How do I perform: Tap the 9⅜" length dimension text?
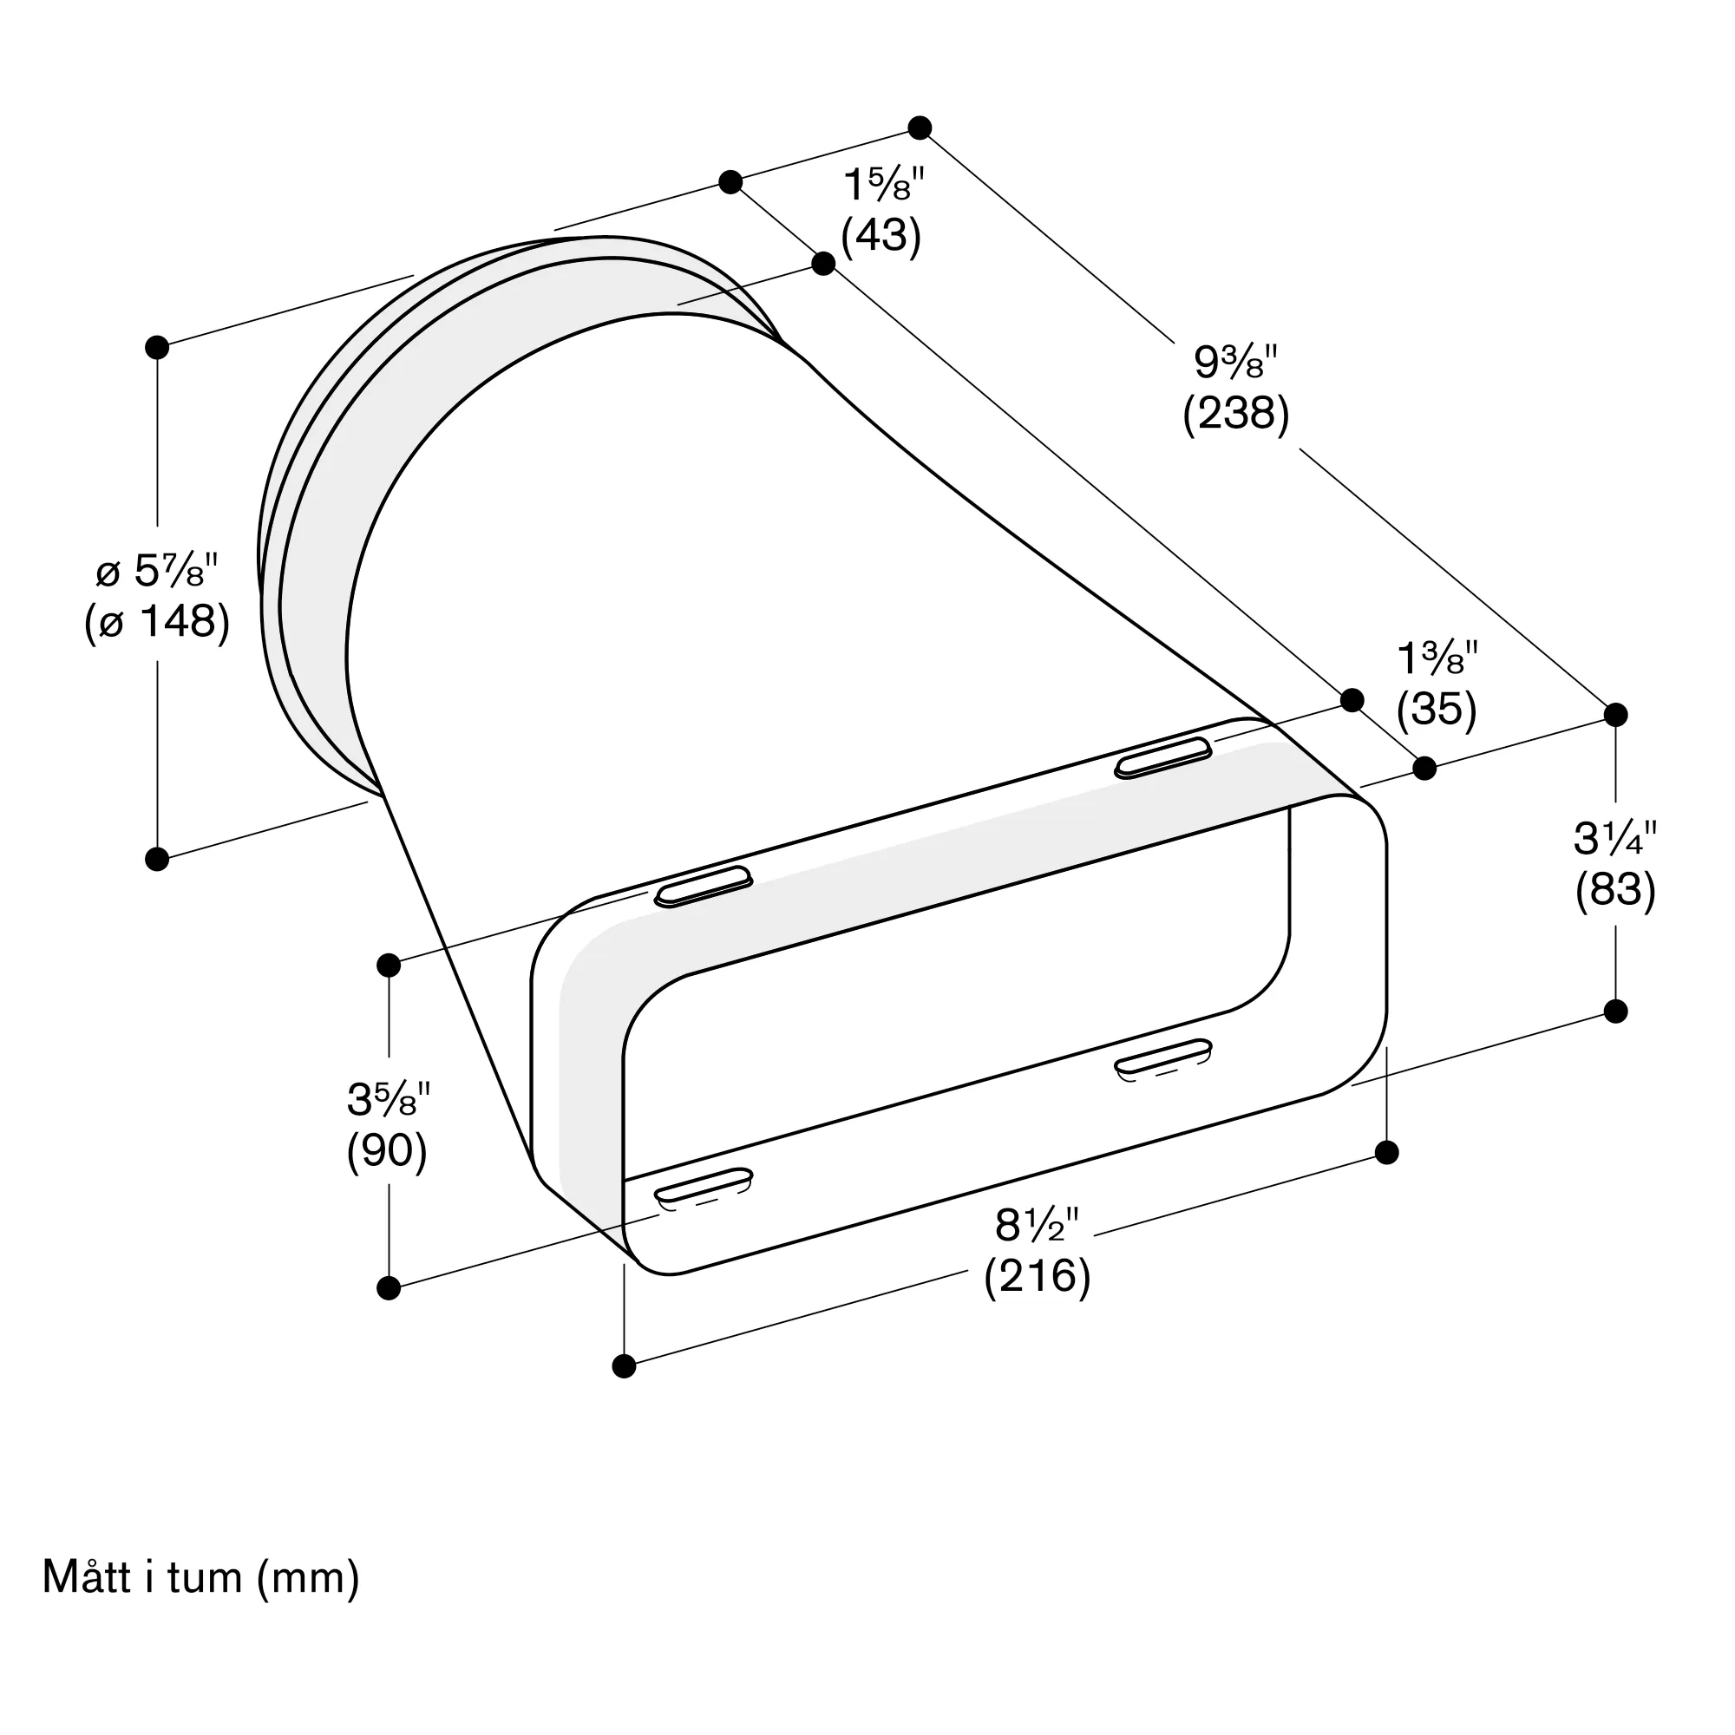tap(1235, 362)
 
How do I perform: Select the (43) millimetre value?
tap(881, 237)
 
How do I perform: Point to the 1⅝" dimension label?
tap(884, 185)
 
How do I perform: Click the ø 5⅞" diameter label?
tap(157, 570)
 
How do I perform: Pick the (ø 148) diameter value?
tap(157, 621)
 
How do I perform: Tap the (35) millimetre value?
tap(1436, 710)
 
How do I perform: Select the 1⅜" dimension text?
tap(1437, 659)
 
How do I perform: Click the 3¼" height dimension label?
tap(1615, 839)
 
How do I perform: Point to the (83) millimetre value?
tap(1615, 891)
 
